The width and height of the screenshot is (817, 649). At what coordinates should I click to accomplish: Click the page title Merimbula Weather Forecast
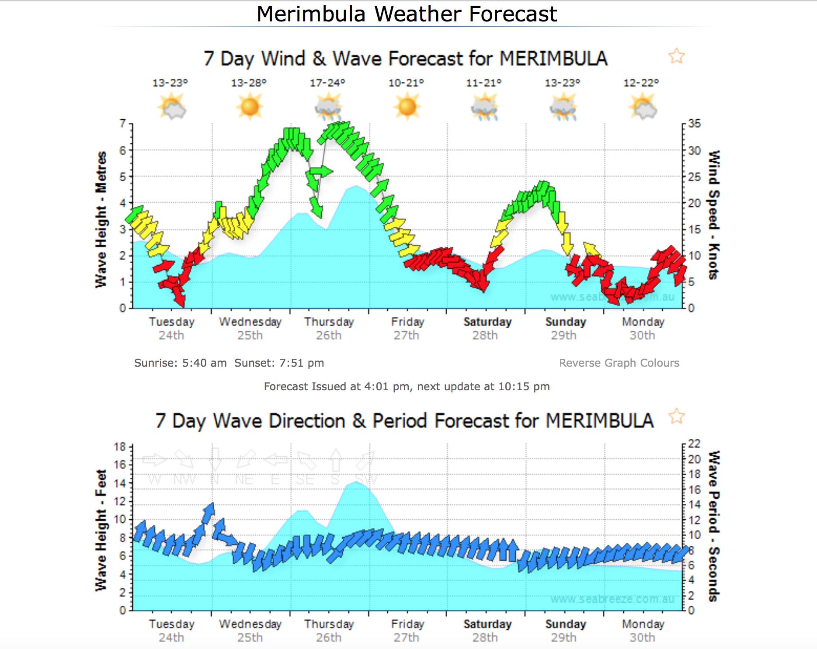pos(407,14)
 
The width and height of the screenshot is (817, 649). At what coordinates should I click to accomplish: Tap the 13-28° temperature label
pos(249,83)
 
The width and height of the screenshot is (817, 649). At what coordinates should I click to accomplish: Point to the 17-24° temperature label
pos(327,83)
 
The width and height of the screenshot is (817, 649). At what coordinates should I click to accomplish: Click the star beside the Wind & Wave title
pos(676,56)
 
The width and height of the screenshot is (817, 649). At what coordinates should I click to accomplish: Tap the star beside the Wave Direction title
pos(676,416)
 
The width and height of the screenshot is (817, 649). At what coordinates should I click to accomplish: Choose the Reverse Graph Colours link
pos(619,363)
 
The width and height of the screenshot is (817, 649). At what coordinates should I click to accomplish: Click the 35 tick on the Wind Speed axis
pos(695,124)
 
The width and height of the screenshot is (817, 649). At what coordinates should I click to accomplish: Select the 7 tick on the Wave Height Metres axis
pos(123,124)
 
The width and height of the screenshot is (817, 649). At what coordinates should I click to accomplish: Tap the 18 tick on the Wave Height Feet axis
pos(120,447)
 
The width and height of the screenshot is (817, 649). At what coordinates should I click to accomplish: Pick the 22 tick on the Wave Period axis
pos(695,444)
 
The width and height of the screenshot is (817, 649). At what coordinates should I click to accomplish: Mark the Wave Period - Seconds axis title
pos(713,526)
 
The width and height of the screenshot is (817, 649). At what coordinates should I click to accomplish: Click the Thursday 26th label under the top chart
pos(329,328)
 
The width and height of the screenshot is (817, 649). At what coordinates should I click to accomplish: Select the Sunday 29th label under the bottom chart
pos(565,631)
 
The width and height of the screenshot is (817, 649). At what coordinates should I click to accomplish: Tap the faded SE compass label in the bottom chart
pos(305,480)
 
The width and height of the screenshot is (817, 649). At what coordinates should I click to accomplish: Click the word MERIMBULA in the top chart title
pos(553,59)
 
